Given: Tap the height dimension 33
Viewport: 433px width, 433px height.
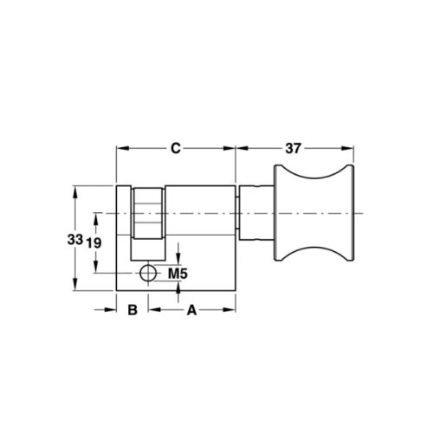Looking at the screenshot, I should point(76,239).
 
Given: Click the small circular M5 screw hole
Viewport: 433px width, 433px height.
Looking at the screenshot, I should point(148,274).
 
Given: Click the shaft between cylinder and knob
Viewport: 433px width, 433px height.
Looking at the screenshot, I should point(255,214).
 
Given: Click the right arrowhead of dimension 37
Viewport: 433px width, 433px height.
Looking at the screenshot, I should point(353,148).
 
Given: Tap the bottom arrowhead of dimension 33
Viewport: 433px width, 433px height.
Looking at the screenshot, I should point(76,288).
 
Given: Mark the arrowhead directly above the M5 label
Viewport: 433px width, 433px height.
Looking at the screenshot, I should point(178,256).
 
